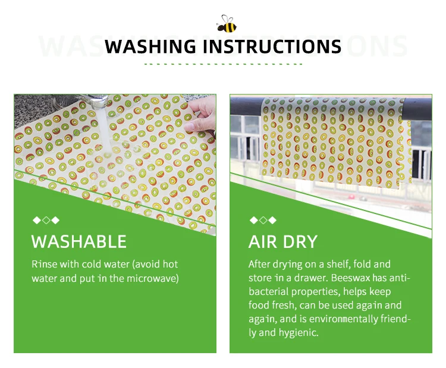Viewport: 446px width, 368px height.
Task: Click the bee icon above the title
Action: click(x=227, y=24)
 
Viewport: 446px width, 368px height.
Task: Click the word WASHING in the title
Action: click(x=150, y=46)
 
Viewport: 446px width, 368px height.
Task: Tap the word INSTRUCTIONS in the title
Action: click(x=272, y=46)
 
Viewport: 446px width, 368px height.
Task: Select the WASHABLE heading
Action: click(x=78, y=242)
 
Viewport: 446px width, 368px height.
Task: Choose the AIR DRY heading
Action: click(x=283, y=242)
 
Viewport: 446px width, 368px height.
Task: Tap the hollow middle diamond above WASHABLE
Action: click(x=46, y=220)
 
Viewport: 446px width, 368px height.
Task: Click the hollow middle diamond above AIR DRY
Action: click(x=263, y=220)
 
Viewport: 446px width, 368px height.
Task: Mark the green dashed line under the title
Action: click(x=223, y=64)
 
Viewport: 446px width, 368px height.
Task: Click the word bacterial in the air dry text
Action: click(x=269, y=291)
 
